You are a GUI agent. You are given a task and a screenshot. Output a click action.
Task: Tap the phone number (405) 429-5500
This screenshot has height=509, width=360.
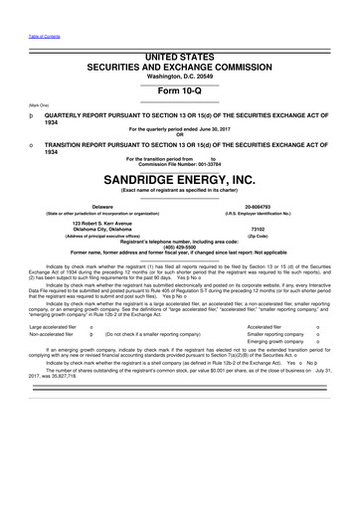tap(180, 248)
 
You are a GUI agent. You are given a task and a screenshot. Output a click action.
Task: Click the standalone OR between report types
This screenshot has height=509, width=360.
tap(180, 134)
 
